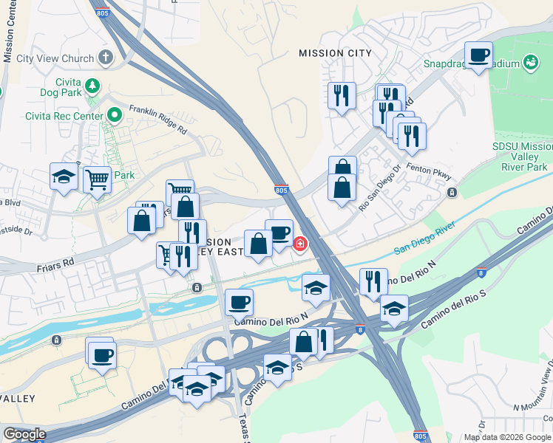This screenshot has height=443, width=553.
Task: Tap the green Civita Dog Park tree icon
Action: (x=92, y=86)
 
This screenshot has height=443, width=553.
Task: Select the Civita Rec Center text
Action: (x=64, y=115)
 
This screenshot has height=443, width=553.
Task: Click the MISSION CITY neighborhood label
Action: (x=330, y=53)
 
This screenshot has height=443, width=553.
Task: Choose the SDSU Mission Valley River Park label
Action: (x=522, y=157)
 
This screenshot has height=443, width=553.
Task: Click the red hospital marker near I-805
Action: (x=300, y=243)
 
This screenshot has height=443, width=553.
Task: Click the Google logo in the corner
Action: (x=24, y=434)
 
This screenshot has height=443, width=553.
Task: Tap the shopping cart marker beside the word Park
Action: (x=98, y=178)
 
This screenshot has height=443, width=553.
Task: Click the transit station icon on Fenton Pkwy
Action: (x=452, y=193)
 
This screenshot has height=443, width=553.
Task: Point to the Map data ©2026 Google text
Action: (x=507, y=437)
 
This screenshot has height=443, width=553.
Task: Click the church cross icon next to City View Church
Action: (x=105, y=58)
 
